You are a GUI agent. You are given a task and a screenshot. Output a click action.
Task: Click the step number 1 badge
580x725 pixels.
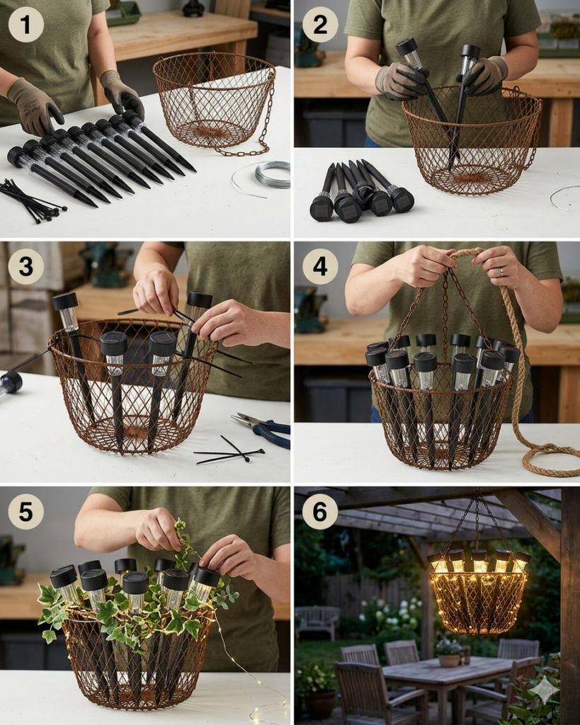click(26, 25)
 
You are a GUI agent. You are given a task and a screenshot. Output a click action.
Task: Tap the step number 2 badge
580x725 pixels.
click(320, 25)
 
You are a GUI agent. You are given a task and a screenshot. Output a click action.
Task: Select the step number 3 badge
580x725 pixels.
click(26, 267)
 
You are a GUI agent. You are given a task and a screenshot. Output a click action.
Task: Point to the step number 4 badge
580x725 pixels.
click(320, 267)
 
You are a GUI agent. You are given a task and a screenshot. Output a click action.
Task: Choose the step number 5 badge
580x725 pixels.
click(26, 512)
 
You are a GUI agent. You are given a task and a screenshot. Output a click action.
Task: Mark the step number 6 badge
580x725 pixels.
click(320, 512)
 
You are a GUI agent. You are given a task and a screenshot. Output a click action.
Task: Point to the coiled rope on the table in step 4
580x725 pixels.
click(546, 458)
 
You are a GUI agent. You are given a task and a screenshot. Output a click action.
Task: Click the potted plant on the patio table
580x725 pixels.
click(449, 651)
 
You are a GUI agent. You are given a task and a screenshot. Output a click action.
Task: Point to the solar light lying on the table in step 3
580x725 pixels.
click(11, 383)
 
